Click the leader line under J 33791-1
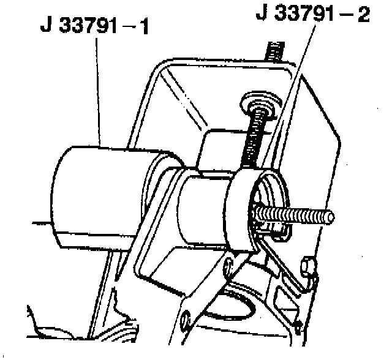[x=100, y=92]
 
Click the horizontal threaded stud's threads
[x=294, y=214]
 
